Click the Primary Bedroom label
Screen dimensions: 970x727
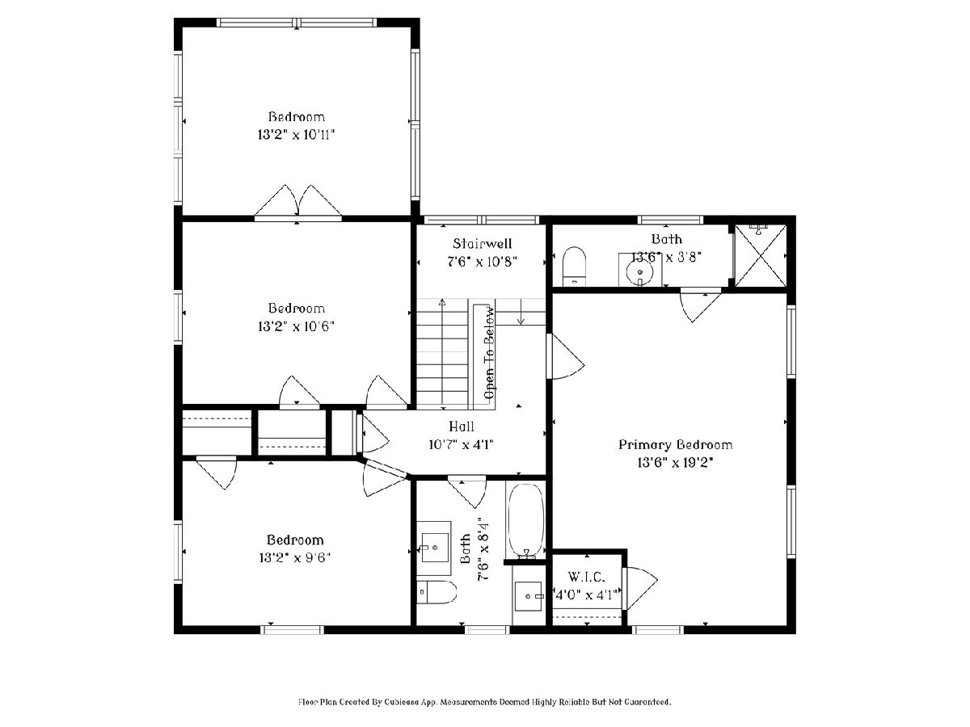coord(675,444)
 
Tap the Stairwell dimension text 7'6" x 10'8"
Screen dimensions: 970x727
coord(482,262)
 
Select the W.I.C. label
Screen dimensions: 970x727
coord(586,577)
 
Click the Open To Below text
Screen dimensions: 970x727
coord(490,353)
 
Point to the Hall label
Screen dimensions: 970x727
coord(462,426)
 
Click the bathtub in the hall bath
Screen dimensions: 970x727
coord(525,520)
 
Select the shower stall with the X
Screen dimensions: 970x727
coord(760,255)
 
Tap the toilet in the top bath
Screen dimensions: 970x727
coord(574,267)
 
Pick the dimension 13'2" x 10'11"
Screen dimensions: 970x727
coord(296,134)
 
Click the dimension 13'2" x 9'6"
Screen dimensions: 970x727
coord(295,557)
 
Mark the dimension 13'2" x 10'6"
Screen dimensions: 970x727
coord(296,326)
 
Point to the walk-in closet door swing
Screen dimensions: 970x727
coord(639,588)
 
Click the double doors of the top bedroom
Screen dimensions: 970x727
coord(297,203)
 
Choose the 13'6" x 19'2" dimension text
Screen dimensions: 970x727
coord(675,463)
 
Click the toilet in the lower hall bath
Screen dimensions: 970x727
coord(436,591)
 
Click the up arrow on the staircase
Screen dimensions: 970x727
coord(442,353)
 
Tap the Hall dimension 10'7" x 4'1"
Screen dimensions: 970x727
coord(461,444)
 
